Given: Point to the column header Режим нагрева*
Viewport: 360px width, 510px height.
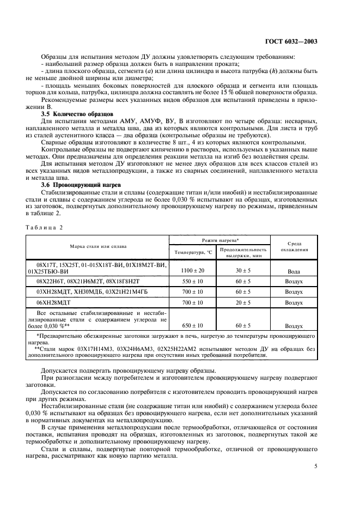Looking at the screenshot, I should click(219, 240).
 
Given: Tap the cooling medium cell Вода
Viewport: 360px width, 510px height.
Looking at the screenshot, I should click(294, 271).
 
